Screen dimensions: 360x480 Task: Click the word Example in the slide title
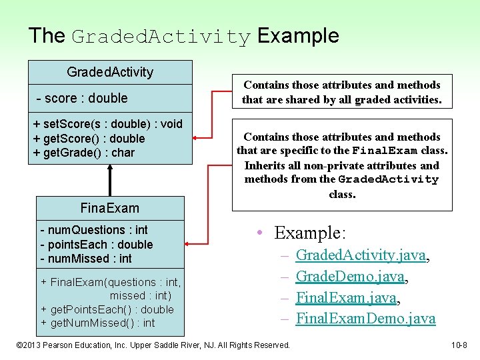298,36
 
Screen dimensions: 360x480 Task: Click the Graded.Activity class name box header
110,72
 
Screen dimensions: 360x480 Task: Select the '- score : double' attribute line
81,98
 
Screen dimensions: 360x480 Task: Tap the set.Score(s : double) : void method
107,124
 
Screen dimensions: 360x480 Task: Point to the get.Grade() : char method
84,153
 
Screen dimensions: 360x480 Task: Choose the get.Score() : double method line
89,139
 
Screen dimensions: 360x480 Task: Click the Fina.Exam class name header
110,208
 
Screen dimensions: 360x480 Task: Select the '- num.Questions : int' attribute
94,231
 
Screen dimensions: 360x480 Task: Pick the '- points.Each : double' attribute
96,245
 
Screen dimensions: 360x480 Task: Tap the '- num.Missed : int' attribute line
86,259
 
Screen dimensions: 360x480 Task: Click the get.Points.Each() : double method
107,309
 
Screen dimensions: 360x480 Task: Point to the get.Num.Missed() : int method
98,323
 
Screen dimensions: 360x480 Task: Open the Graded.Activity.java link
361,255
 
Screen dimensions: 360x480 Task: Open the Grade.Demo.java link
350,276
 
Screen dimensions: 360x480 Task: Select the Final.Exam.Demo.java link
365,319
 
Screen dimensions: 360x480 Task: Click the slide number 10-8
460,345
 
